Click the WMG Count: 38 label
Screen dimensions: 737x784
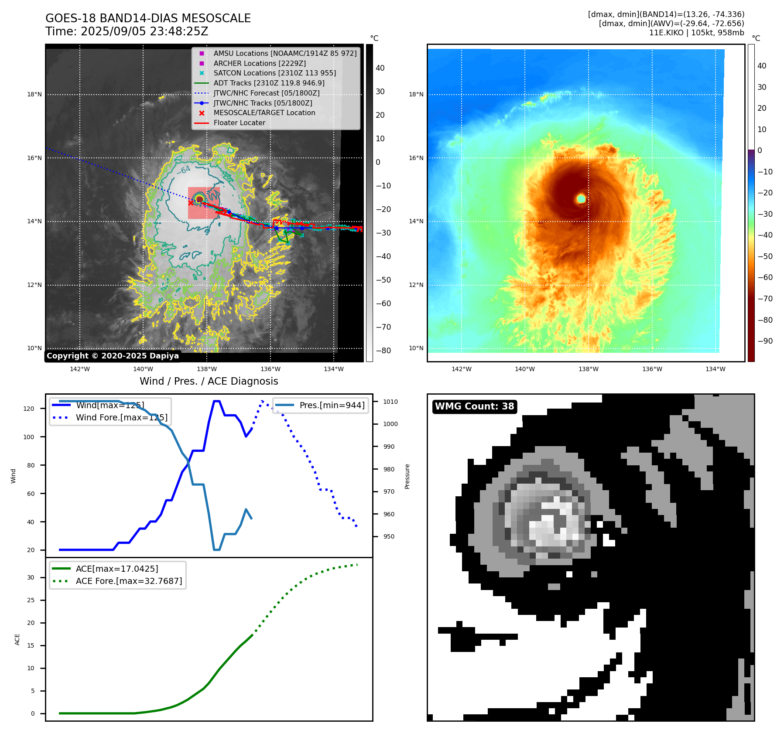coord(474,406)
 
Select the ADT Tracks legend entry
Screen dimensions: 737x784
coord(269,83)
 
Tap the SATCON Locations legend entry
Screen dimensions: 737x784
coord(274,73)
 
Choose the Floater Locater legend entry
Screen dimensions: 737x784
coord(239,123)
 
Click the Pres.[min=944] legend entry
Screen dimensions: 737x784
coord(332,405)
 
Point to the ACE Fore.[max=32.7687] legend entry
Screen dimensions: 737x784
coord(129,581)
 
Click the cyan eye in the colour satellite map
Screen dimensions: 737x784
coord(581,199)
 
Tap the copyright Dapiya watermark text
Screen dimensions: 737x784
coord(113,356)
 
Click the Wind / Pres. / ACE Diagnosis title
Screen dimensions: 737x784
coord(209,381)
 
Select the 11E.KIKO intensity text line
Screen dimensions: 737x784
coord(696,33)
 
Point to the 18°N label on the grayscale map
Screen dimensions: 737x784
coord(34,95)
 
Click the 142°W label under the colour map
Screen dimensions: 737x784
coord(461,369)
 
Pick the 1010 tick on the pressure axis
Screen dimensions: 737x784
coord(390,402)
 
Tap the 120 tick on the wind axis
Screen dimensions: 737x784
coord(29,409)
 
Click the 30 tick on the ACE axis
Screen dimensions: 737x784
coord(31,577)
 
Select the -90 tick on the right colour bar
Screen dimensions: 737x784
coord(765,341)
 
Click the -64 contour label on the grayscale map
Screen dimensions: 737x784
coord(184,169)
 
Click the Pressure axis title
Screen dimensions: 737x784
coord(407,476)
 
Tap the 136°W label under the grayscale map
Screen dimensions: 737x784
coord(270,369)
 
